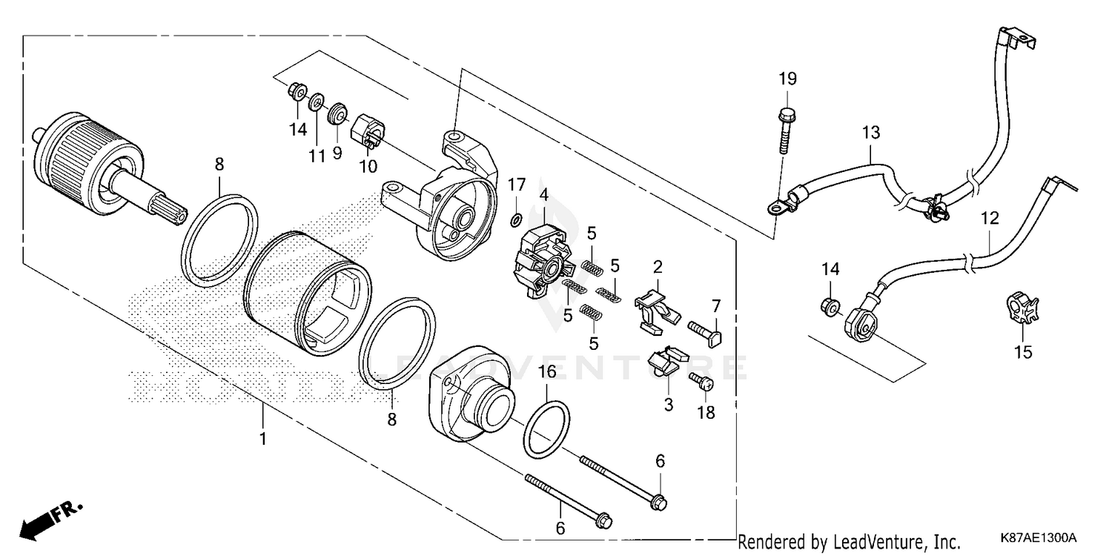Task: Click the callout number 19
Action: (x=787, y=79)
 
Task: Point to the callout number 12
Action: (x=990, y=219)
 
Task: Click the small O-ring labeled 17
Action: (x=516, y=219)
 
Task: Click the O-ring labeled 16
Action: (x=546, y=430)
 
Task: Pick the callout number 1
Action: (x=262, y=438)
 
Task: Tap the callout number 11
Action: (x=317, y=156)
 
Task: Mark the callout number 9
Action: (x=337, y=154)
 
